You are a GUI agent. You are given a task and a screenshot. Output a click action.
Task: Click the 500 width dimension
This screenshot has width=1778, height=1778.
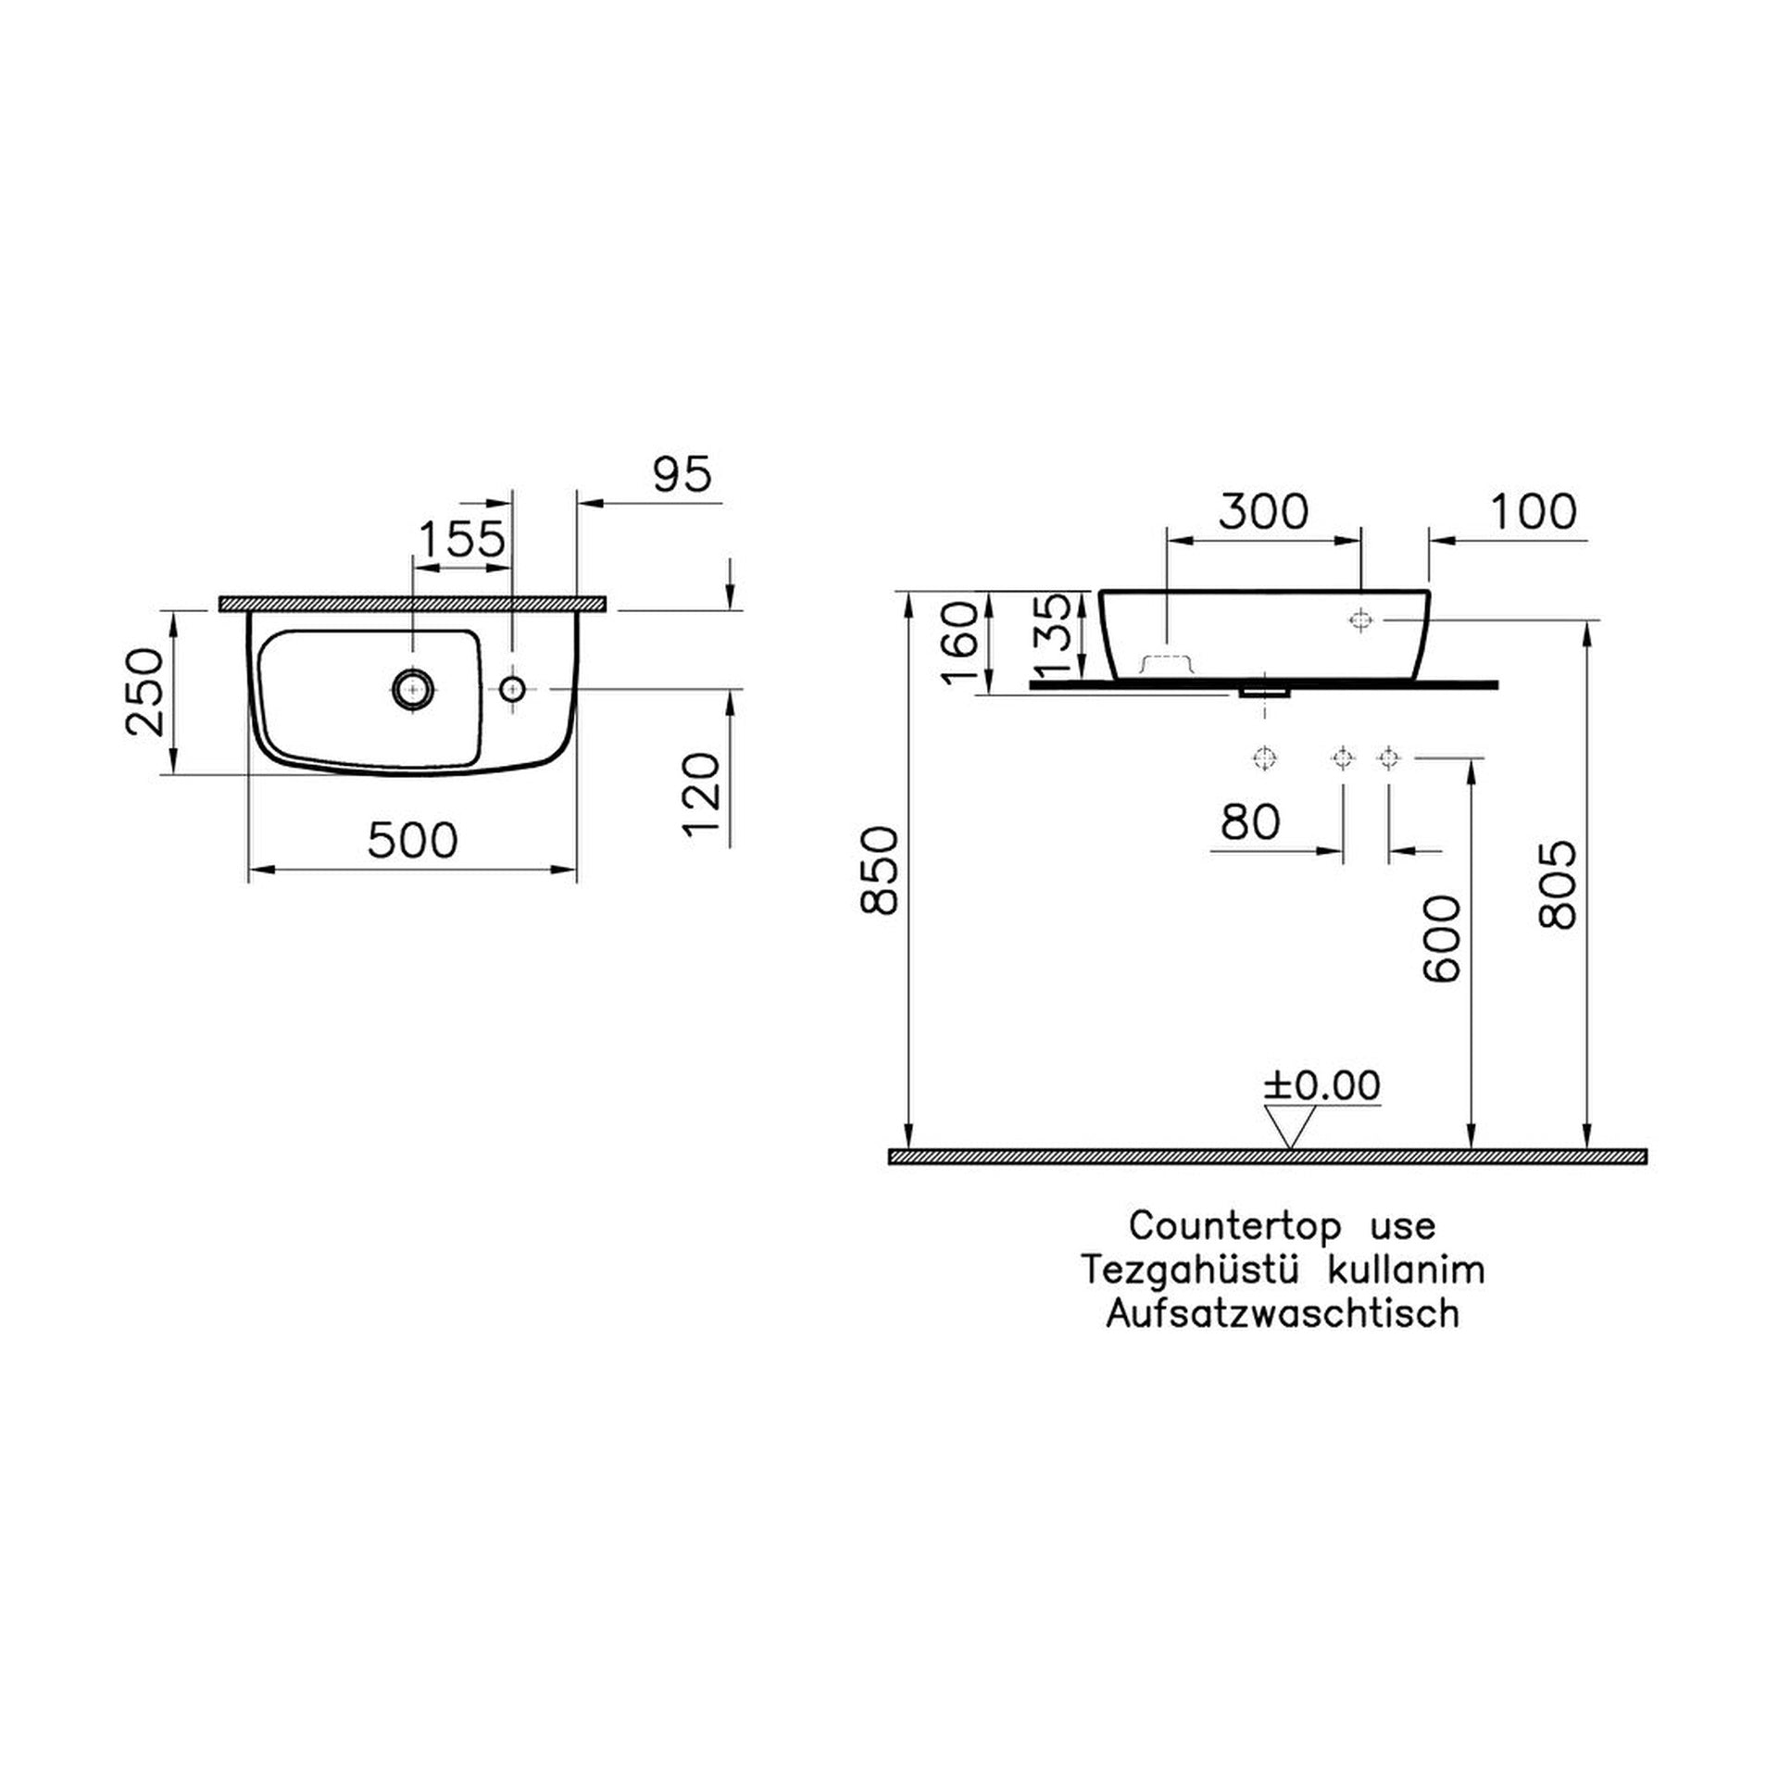coord(412,841)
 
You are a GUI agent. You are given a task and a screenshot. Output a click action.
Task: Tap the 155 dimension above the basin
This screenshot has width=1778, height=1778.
coord(463,538)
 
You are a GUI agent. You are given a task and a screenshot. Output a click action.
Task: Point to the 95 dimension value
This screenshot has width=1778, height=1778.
coord(682,474)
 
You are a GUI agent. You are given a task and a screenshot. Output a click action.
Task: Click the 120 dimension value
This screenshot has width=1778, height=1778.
coord(701,795)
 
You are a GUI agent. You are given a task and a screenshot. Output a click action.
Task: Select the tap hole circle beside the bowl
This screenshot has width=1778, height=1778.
coord(512,688)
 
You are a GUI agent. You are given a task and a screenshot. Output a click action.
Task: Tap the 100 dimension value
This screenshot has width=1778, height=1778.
coord(1533,511)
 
